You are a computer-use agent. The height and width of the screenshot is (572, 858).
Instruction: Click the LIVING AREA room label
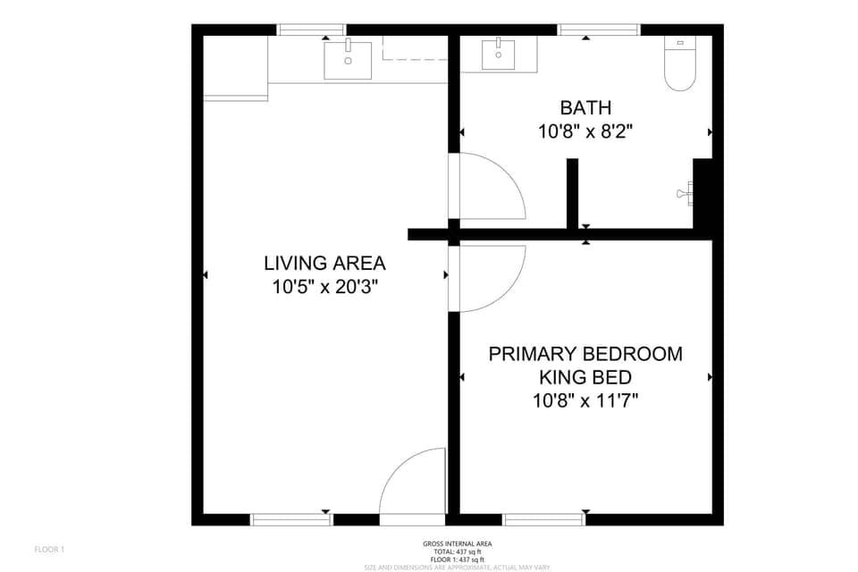click(x=324, y=264)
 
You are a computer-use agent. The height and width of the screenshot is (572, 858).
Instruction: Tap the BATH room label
click(x=585, y=108)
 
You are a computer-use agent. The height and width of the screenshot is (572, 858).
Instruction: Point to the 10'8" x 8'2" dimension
click(x=585, y=131)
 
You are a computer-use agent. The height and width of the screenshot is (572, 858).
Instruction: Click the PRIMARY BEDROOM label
click(x=585, y=354)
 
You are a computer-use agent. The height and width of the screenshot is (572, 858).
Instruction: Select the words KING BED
click(x=585, y=377)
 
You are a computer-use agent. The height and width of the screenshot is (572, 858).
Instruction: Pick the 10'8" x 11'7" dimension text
click(x=585, y=400)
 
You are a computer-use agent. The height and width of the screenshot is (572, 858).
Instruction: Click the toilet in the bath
click(x=680, y=66)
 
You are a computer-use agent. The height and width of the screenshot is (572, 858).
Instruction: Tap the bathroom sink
click(x=498, y=55)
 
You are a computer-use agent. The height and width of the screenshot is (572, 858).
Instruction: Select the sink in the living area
click(x=348, y=61)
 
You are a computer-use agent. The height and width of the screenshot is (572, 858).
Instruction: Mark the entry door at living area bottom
click(x=412, y=487)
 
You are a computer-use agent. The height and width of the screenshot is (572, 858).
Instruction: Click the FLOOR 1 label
click(x=49, y=549)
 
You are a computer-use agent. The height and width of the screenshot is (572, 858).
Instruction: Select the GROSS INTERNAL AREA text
click(x=457, y=543)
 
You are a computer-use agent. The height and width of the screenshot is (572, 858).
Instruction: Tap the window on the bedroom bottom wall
click(x=544, y=518)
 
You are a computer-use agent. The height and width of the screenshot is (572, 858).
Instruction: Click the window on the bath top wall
click(x=598, y=30)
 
